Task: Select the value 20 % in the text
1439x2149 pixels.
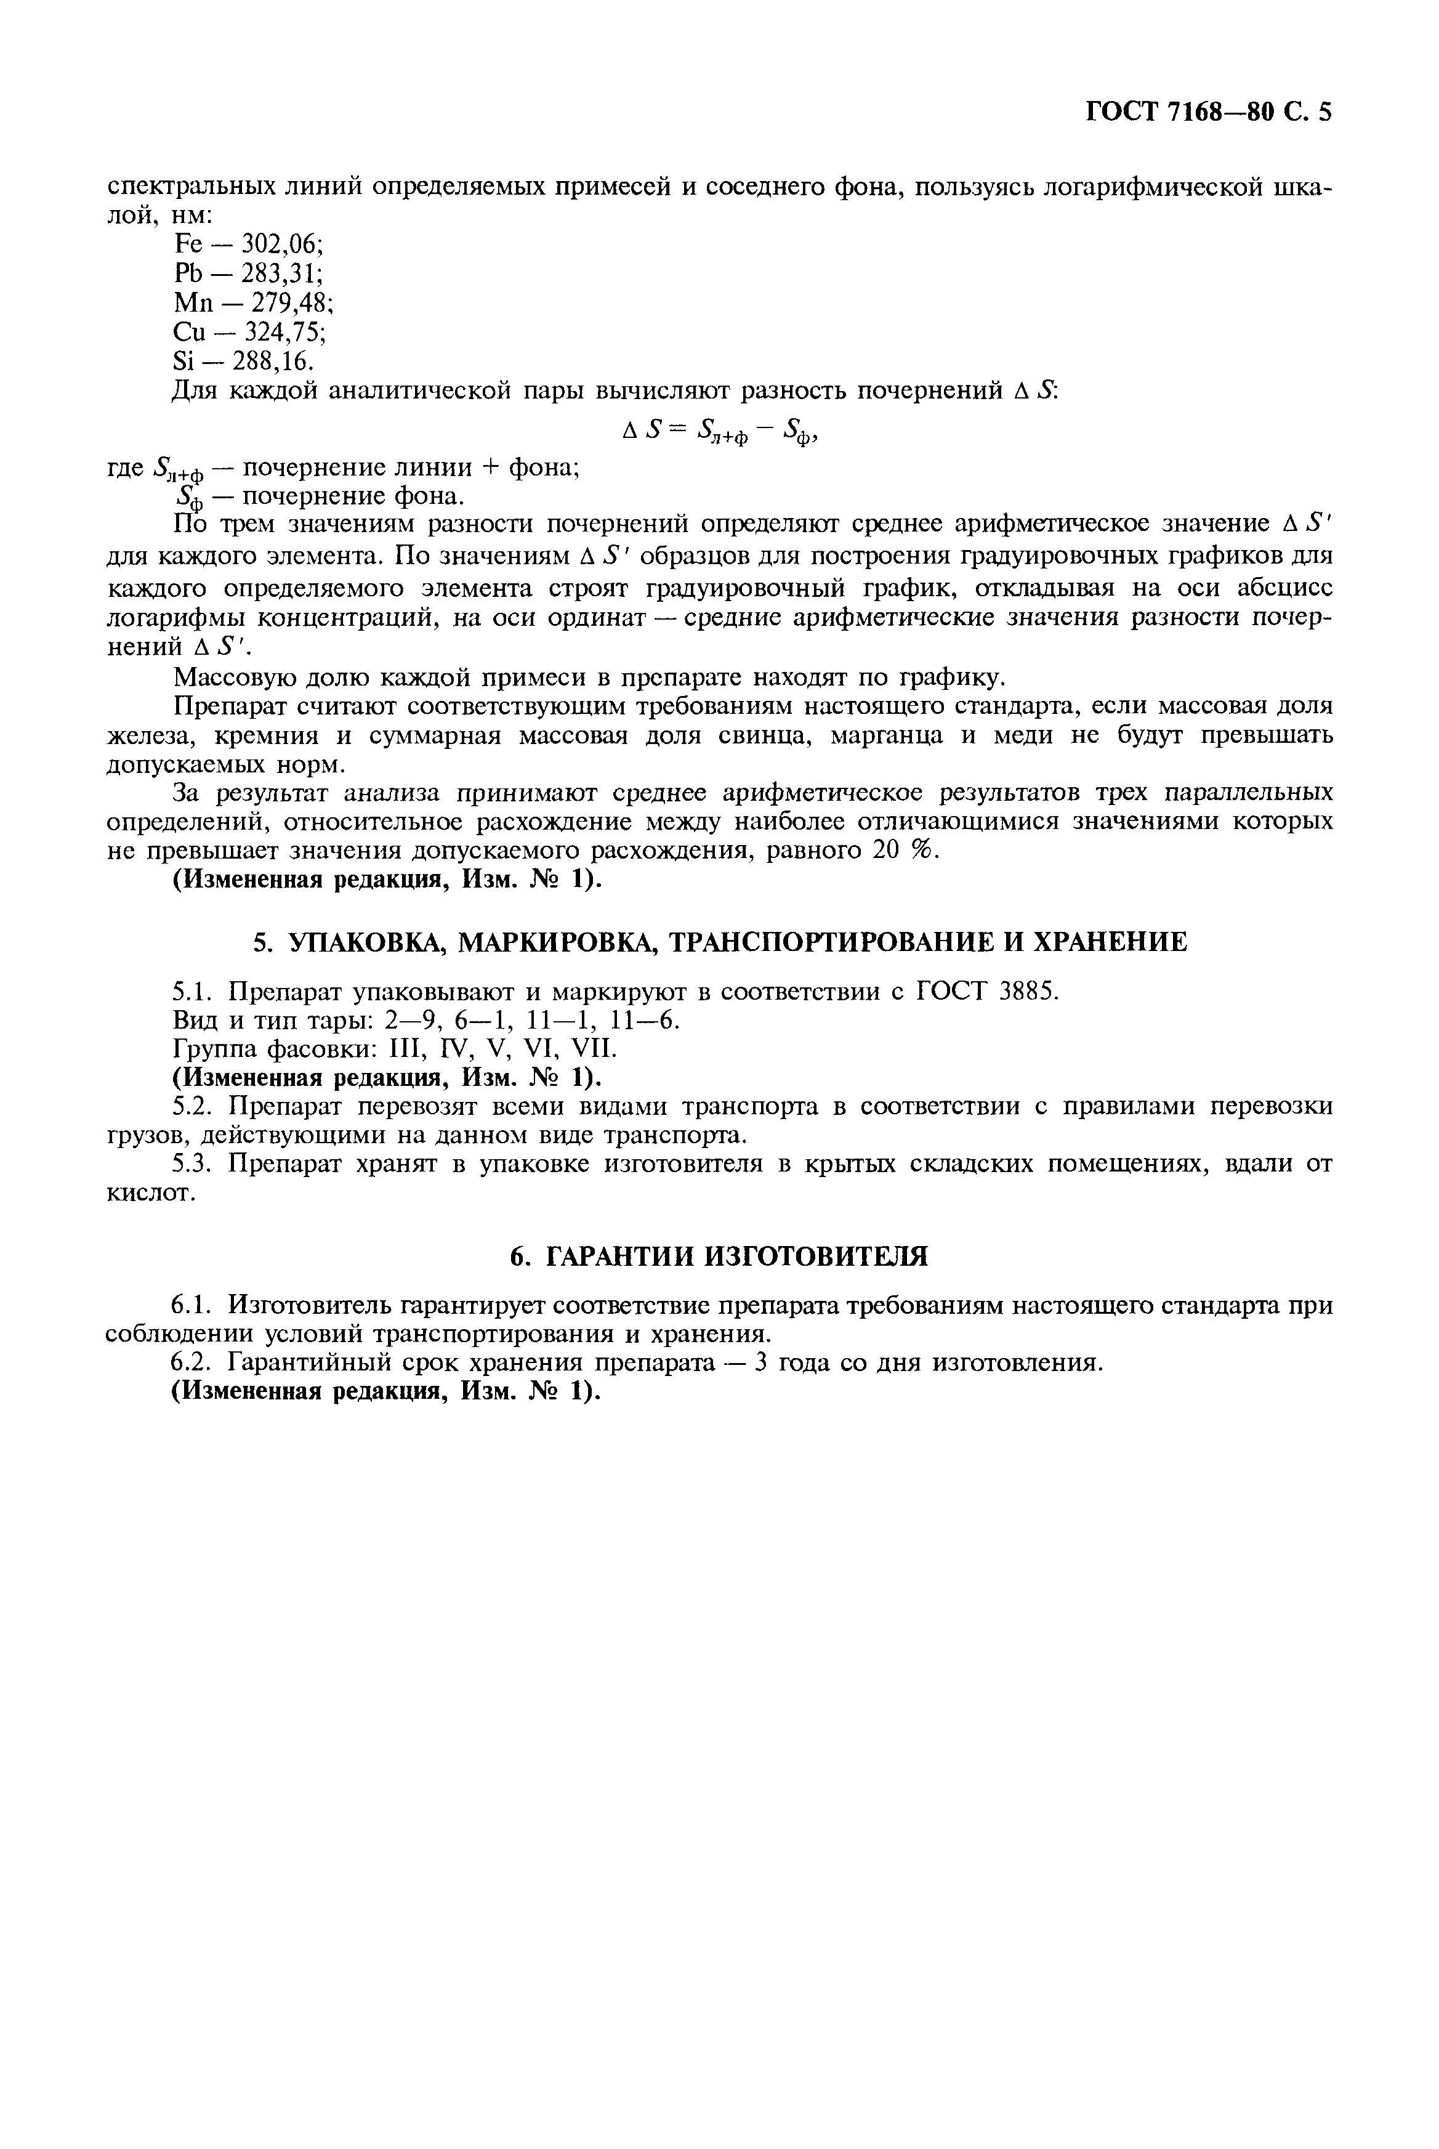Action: coord(901,850)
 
